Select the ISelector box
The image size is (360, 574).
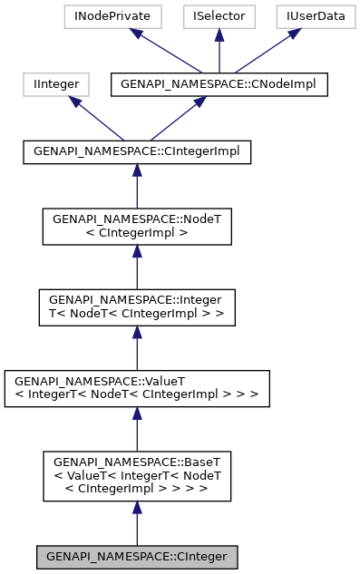click(218, 16)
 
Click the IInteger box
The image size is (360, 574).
click(55, 84)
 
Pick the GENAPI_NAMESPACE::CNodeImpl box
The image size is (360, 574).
click(218, 84)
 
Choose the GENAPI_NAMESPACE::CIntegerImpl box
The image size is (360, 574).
click(137, 152)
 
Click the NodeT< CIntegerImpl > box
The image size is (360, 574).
click(137, 226)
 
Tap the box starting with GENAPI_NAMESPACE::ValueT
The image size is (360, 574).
click(137, 388)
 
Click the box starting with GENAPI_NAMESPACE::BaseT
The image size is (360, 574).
click(137, 476)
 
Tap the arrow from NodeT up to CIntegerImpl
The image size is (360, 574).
click(137, 186)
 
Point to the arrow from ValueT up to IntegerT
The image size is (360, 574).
click(137, 347)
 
